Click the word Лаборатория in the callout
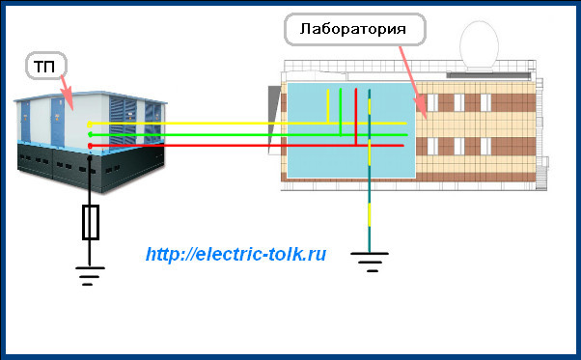pyautogui.click(x=356, y=30)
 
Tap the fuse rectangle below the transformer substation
pyautogui.click(x=91, y=222)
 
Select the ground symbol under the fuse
pyautogui.click(x=90, y=275)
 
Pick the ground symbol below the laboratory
pyautogui.click(x=369, y=259)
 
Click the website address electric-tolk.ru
pyautogui.click(x=236, y=255)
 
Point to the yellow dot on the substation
pyautogui.click(x=90, y=124)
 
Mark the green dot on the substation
pyautogui.click(x=90, y=134)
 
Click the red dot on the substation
pyautogui.click(x=90, y=146)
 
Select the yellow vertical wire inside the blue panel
pyautogui.click(x=328, y=105)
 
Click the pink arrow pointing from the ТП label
pyautogui.click(x=65, y=92)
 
